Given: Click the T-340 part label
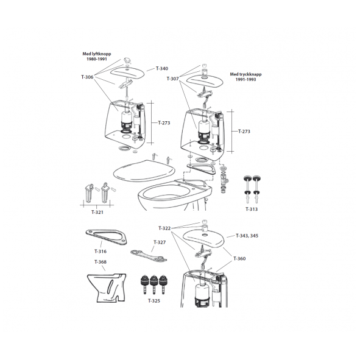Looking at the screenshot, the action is coord(162,68).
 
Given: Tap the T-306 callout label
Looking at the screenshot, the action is coord(87,77).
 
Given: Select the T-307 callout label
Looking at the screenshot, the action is coord(172,79).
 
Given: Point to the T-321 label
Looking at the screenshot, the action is coord(97,212).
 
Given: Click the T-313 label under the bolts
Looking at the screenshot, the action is coord(252,209).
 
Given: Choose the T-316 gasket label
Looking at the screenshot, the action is coord(101,252).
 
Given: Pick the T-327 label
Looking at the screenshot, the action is coord(160,242).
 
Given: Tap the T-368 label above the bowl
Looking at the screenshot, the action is coord(101,262).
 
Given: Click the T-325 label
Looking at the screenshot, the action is coord(154,301).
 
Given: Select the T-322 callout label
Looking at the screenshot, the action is coord(164,228).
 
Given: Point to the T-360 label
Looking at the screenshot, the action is coord(239,258).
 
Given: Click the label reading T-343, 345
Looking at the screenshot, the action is coord(247,236).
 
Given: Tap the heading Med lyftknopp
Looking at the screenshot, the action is coord(97,54).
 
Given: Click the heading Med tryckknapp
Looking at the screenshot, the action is coord(245,74).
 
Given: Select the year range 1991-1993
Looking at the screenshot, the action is coord(245,79).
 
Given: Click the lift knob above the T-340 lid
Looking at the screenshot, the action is coord(127,60).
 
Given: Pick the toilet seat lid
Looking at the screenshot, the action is coord(144,171).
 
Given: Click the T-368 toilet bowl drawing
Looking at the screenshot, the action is coord(107,288).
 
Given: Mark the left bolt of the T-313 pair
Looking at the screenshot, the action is coord(247,189).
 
